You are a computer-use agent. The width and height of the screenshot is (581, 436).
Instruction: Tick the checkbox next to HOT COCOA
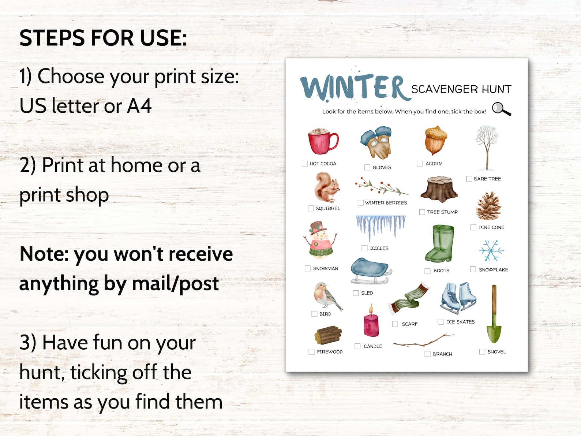click(304, 164)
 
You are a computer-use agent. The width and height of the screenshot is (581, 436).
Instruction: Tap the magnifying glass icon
click(501, 109)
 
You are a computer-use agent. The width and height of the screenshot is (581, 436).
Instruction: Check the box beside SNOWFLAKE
click(473, 269)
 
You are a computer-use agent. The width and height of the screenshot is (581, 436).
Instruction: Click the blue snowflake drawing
click(491, 251)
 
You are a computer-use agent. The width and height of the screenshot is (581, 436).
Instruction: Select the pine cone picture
click(488, 206)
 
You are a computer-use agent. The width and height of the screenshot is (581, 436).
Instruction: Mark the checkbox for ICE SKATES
click(441, 322)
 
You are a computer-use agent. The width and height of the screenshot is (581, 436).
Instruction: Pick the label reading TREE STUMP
click(442, 212)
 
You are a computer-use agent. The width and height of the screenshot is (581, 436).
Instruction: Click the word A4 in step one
click(139, 106)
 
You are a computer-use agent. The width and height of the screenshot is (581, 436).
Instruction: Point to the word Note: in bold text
click(44, 254)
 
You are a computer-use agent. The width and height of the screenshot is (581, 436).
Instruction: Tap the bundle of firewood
click(328, 335)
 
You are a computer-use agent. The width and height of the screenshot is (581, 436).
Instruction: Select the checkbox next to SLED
click(356, 293)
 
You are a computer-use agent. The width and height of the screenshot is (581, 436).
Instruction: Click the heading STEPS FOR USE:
click(103, 38)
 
